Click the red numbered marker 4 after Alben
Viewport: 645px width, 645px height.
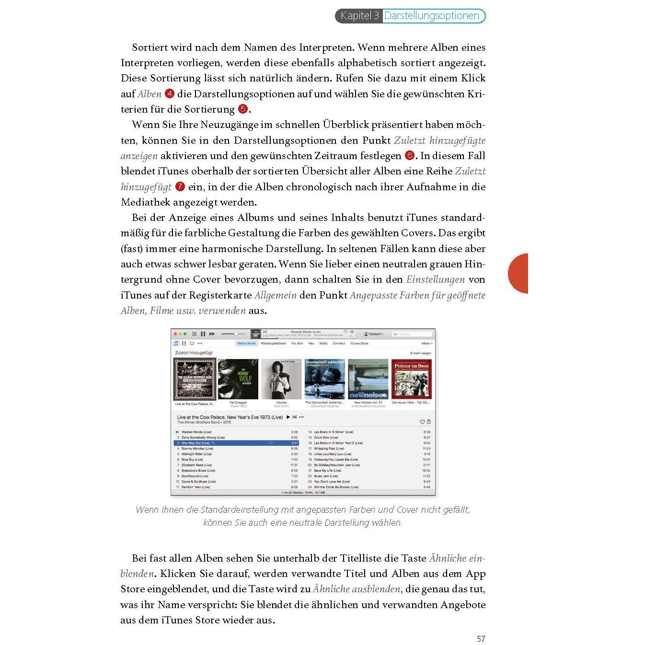pos(169,93)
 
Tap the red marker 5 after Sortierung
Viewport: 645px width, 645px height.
pos(243,109)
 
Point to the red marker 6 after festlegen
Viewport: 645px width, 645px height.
pos(409,155)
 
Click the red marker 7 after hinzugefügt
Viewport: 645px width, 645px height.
pos(180,186)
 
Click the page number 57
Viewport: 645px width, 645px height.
pos(481,639)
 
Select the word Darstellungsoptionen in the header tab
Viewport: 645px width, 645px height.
pos(432,16)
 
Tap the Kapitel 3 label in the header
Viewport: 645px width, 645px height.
pos(359,16)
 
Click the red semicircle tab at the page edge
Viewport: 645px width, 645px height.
pos(518,273)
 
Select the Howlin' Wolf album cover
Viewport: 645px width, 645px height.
pos(238,379)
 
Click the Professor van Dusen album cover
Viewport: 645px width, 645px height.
pos(411,379)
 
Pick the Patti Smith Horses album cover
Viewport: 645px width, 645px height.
pos(281,379)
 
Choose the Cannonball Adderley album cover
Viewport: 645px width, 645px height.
pos(324,379)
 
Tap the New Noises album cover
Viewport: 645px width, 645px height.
pos(368,379)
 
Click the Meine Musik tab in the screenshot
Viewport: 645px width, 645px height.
pos(247,344)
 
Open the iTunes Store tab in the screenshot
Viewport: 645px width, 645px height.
pos(359,344)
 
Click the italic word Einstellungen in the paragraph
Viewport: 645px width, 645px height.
pos(435,279)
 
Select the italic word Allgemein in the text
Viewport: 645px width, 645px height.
pos(275,295)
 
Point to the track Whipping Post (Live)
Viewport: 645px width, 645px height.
pos(329,449)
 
